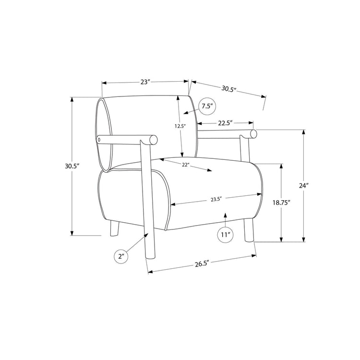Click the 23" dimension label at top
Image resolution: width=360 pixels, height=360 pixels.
[x=145, y=82]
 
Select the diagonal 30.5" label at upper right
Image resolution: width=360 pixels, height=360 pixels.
[x=229, y=89]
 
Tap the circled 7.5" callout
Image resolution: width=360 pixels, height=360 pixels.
[x=207, y=106]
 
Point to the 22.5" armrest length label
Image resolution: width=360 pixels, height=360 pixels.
[x=226, y=123]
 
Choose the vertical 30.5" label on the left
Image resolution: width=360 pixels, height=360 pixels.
[x=72, y=166]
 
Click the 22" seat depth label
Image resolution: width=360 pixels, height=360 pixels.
[x=185, y=165]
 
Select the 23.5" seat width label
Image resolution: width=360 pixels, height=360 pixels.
[x=216, y=199]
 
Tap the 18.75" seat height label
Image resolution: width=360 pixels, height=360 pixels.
[x=281, y=203]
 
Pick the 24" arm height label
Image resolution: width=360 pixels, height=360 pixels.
[x=303, y=185]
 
